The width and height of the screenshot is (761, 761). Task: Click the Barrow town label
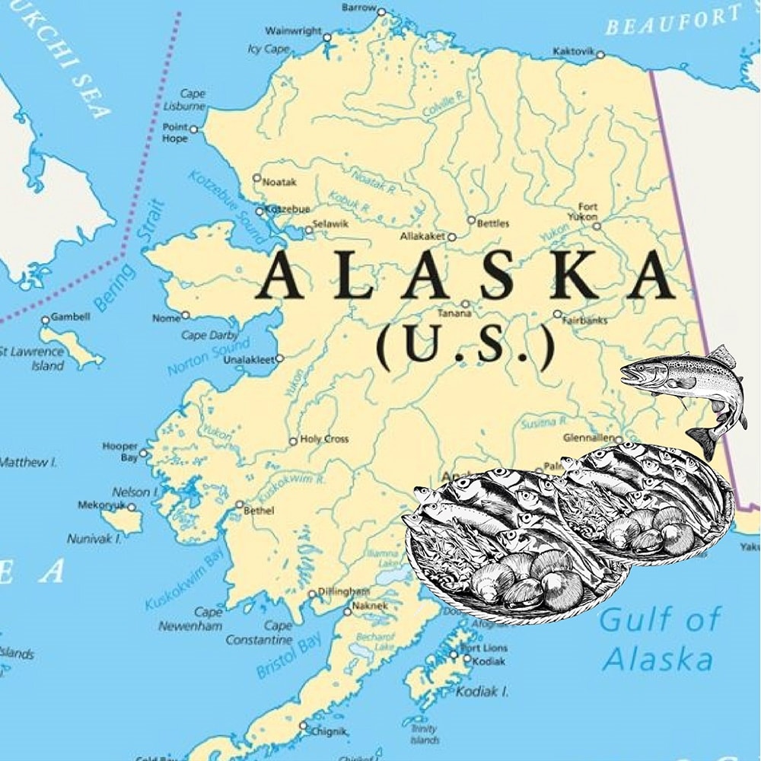coord(358,8)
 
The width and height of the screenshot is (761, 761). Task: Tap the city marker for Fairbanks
coord(557,314)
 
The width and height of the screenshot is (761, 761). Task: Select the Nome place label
coord(166,318)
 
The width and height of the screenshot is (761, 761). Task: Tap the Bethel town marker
coord(239,504)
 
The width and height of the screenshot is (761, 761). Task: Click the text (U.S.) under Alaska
coord(465,349)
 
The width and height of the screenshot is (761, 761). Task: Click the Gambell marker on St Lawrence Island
coord(45,320)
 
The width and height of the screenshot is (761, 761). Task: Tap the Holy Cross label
coord(324,439)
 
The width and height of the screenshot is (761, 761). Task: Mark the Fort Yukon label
coord(587,212)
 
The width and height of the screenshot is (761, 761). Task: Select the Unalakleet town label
coord(248,360)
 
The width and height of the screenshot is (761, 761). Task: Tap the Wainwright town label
coord(293,31)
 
